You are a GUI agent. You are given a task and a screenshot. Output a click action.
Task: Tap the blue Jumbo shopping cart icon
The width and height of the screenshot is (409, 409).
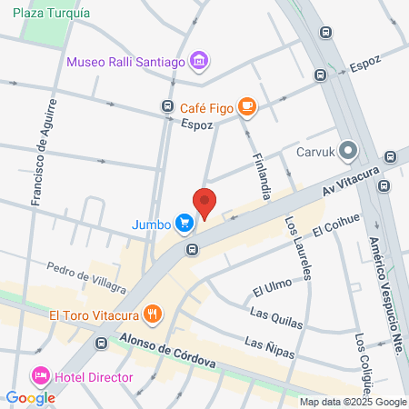(185, 223)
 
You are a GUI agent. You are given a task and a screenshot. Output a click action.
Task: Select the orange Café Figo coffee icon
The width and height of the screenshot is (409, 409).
(246, 108)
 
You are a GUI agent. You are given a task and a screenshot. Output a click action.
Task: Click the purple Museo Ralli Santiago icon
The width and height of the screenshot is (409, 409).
(200, 63)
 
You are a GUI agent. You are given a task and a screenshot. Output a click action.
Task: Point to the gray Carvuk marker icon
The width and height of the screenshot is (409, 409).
(349, 151)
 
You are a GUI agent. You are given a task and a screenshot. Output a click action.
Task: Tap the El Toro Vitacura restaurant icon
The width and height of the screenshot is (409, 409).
(152, 316)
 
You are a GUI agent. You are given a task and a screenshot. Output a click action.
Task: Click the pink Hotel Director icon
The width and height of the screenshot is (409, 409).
(40, 374)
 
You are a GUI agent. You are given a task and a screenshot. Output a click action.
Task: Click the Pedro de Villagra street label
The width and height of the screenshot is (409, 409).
(87, 279)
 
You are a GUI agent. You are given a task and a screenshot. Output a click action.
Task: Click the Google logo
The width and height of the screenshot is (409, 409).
(30, 397)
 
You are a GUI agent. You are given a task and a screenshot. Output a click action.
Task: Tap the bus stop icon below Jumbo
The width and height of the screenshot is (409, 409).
(192, 249)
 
